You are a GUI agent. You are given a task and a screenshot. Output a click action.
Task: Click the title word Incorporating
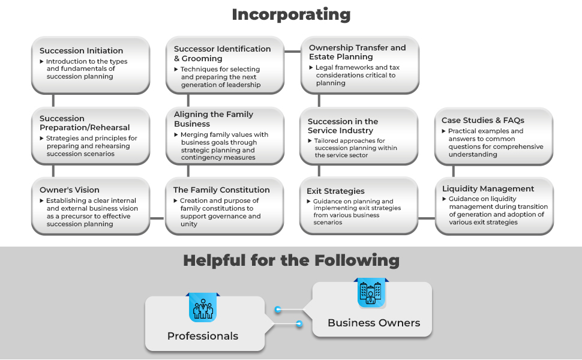coord(291,14)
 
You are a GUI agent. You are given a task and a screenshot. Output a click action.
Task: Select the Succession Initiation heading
coord(81,51)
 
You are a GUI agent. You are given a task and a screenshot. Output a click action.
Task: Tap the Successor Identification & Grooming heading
coord(222,53)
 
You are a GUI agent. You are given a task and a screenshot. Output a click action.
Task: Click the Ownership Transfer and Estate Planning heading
coord(357,52)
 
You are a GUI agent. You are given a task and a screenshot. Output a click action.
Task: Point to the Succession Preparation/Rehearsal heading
coord(85,123)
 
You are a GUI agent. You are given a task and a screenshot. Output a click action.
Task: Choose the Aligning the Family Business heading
coord(214,119)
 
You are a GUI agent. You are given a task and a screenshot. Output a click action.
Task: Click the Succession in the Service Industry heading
coord(343,126)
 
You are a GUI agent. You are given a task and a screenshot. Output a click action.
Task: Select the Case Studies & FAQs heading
coord(484,120)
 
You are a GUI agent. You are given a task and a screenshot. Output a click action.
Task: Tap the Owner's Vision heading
coord(70,190)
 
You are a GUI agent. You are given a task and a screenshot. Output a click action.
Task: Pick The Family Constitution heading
coord(221,190)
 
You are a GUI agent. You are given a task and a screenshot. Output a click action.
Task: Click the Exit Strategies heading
coord(335,191)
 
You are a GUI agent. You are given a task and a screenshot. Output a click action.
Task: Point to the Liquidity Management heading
coord(488,189)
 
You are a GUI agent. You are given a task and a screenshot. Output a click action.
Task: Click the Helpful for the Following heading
coord(291,260)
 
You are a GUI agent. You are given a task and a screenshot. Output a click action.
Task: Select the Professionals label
coord(203,336)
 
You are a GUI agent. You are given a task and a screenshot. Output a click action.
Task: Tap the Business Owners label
coord(374,323)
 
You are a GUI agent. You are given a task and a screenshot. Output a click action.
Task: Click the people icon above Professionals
coord(203,308)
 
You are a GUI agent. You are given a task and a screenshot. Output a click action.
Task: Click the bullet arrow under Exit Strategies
coord(309,202)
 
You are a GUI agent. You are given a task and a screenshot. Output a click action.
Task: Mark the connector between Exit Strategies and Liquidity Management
coord(427,218)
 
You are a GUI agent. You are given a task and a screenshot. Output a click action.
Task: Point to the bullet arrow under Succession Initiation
coord(42,61)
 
